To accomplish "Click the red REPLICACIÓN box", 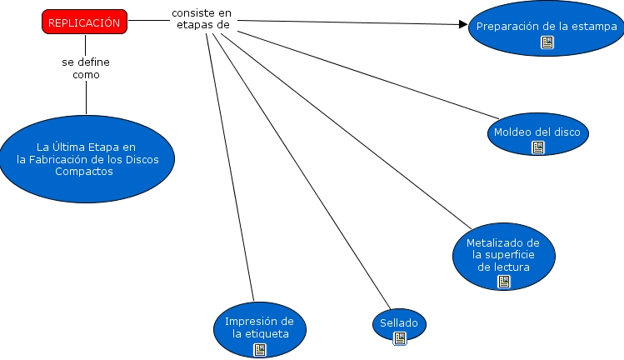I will click(x=85, y=23).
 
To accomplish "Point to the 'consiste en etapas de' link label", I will click(x=201, y=19).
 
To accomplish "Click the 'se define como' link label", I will click(x=86, y=68).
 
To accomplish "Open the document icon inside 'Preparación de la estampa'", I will click(x=547, y=42).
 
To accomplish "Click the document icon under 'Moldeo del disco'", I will click(x=537, y=147).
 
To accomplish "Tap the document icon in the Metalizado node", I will click(x=503, y=281).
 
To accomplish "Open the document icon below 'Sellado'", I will click(x=399, y=337).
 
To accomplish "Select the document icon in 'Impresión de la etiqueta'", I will click(x=260, y=349).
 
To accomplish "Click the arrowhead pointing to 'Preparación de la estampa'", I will click(x=463, y=24).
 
